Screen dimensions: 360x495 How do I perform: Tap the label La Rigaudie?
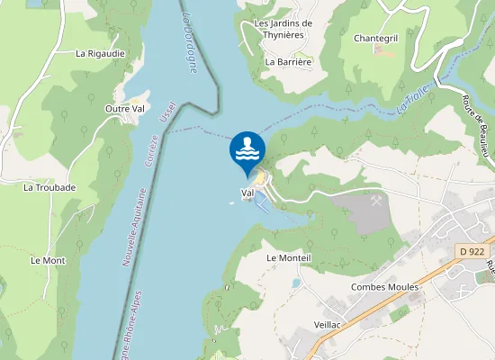100,53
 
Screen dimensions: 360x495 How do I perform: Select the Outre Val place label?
125,109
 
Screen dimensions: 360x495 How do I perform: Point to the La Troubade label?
49,187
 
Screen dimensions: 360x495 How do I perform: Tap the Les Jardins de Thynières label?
283,29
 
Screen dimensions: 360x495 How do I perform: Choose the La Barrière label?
288,62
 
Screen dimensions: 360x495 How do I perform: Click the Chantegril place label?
376,39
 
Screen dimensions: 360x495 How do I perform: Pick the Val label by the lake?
247,193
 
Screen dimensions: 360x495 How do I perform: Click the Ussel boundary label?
166,113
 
